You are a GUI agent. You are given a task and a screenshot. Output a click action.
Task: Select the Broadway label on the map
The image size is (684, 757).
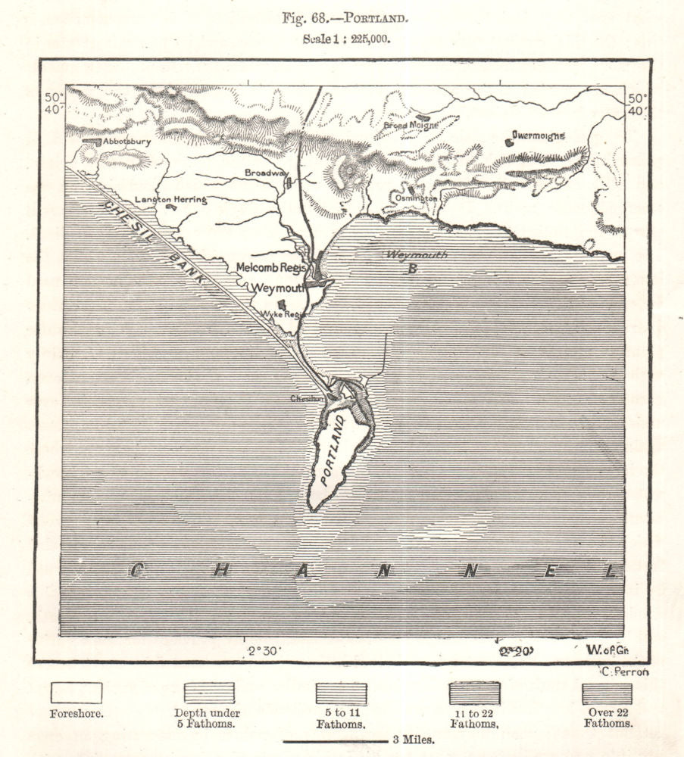click(263, 173)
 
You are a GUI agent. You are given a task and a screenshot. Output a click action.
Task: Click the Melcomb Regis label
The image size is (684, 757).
click(270, 267)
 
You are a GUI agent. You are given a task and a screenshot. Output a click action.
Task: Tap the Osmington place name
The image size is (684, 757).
click(416, 198)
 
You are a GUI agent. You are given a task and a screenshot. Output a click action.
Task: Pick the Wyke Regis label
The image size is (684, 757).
click(277, 314)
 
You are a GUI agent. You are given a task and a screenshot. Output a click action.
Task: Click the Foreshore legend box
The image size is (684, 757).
click(76, 693)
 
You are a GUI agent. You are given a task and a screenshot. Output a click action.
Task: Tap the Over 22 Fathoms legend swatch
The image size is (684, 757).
click(607, 693)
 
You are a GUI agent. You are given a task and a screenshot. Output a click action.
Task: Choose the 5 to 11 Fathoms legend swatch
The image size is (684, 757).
click(341, 693)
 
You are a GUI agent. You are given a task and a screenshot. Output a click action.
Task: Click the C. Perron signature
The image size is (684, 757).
click(625, 671)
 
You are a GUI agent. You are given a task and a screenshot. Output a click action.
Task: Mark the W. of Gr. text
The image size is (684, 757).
click(607, 650)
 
